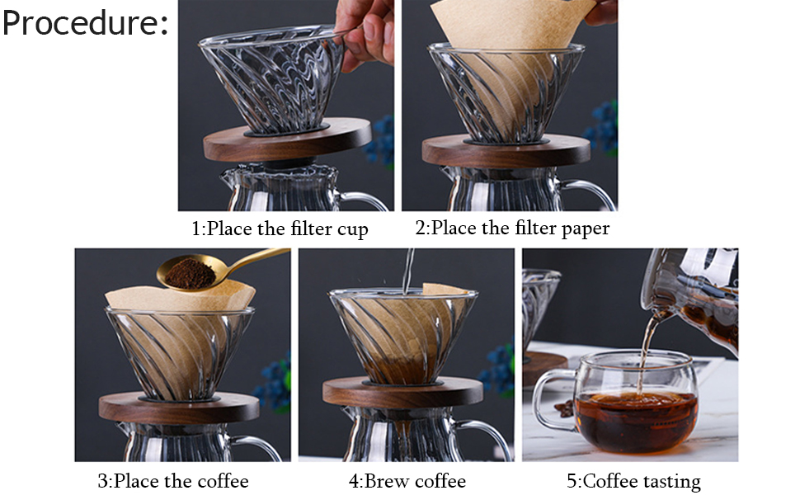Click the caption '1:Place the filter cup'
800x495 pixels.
(280, 229)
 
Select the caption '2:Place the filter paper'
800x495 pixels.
(512, 229)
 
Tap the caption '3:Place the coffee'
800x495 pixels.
(173, 480)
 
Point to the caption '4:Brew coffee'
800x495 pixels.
(407, 480)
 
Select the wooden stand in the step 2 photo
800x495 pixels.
(506, 150)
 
